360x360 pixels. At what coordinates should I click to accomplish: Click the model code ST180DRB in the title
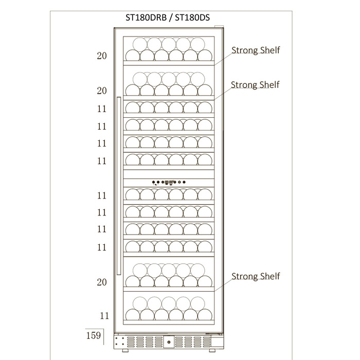pos(146,17)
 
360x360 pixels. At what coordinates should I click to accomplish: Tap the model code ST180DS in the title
pos(192,17)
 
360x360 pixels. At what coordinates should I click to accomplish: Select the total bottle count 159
pos(94,335)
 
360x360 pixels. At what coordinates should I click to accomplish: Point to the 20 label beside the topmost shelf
pos(102,56)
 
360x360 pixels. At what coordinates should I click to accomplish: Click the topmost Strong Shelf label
pos(256,50)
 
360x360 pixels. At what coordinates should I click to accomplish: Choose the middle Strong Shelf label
pos(255,85)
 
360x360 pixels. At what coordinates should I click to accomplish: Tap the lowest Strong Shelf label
pos(256,277)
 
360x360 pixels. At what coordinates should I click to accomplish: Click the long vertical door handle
pos(119,186)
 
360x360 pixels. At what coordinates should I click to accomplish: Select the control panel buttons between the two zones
pos(169,182)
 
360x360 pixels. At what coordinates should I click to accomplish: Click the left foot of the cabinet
pos(125,350)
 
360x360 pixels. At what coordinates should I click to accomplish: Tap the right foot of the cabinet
pos(212,350)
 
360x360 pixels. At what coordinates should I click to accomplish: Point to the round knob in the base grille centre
pos(169,342)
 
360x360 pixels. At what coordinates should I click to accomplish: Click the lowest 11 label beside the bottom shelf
pos(104,316)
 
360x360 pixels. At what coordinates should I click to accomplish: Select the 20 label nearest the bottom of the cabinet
pos(102,282)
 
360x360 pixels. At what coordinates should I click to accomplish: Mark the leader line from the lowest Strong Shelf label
pos(223,285)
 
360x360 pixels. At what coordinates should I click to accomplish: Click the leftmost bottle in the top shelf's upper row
pos(140,45)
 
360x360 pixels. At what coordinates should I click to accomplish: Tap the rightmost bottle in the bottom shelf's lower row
pos(205,315)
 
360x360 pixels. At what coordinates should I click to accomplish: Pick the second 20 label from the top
pos(102,91)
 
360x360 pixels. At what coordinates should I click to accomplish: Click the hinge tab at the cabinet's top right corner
pos(219,27)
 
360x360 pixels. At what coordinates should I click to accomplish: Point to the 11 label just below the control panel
pos(102,195)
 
